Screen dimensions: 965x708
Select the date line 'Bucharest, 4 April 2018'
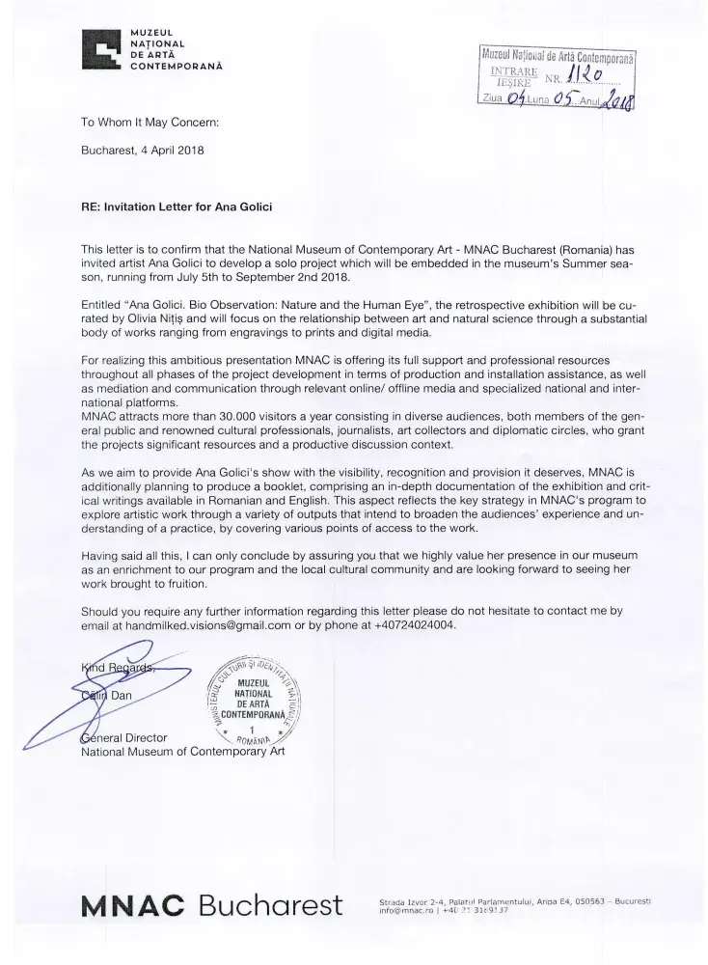(143, 150)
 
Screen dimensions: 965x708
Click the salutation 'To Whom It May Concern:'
(150, 124)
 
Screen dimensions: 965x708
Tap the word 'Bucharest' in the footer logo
(270, 906)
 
